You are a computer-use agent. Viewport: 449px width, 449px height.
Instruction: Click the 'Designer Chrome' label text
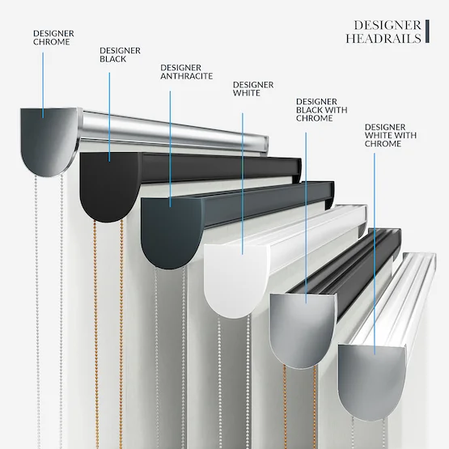click(53, 37)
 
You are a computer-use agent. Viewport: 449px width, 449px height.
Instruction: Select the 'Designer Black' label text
click(120, 55)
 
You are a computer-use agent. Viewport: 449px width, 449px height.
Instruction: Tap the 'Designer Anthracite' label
click(186, 72)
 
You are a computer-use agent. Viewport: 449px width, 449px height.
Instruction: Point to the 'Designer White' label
click(253, 89)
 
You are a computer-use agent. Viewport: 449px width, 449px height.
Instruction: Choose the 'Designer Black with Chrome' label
click(321, 110)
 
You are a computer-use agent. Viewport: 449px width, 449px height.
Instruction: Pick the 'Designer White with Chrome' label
click(391, 135)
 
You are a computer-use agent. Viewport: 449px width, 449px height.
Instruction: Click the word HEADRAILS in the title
click(383, 38)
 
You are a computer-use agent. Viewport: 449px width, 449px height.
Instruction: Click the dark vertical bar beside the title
click(427, 32)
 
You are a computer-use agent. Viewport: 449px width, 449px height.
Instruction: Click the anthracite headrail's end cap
click(171, 232)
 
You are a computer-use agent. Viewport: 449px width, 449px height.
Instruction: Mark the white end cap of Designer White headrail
click(235, 280)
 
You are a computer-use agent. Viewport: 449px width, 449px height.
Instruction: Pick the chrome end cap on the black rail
click(303, 330)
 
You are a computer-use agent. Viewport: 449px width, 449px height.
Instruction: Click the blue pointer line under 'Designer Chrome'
click(43, 85)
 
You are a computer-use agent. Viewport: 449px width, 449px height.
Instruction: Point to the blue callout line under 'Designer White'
click(243, 184)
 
